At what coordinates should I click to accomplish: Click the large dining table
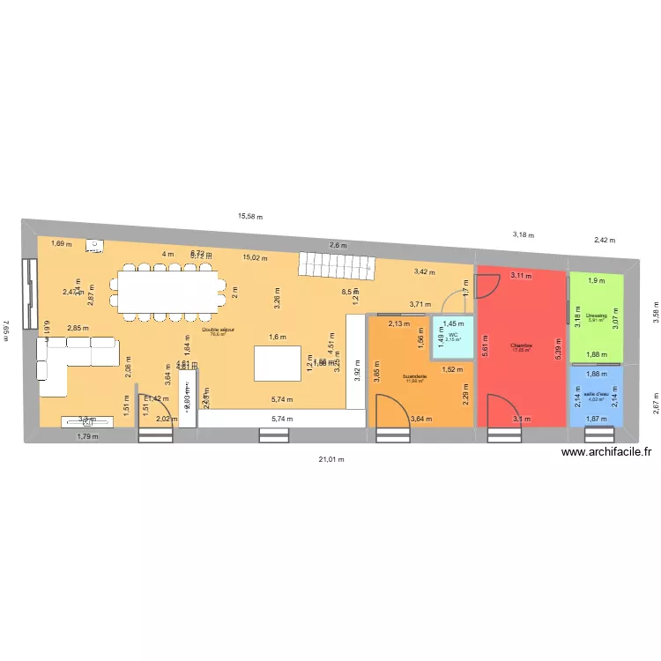167,292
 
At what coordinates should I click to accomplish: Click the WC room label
452,337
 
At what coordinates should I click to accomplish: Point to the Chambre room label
522,346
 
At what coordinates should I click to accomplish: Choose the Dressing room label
596,316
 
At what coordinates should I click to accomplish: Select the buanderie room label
414,377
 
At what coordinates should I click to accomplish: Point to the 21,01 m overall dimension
331,459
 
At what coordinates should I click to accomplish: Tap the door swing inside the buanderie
392,411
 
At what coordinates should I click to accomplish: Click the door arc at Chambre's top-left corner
486,283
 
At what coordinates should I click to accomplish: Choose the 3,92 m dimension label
357,372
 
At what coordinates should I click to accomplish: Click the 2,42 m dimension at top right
605,240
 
